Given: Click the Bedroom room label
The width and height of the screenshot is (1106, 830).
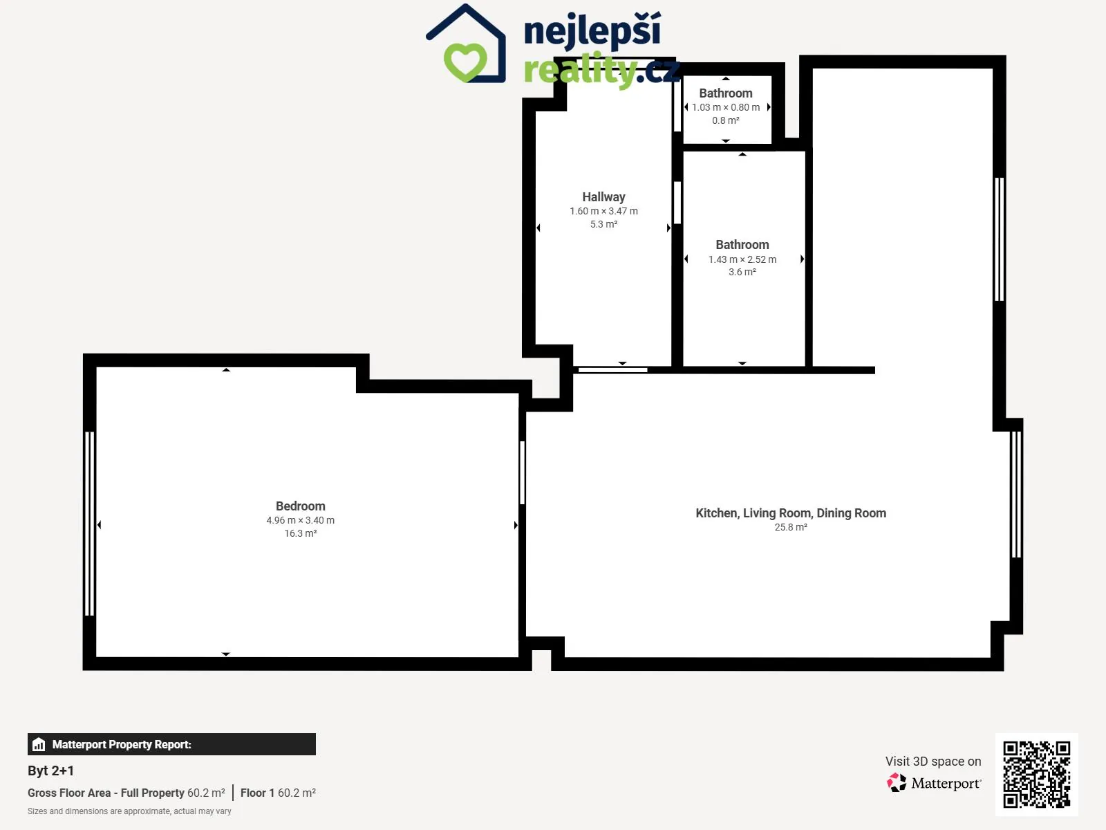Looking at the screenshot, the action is (x=300, y=506).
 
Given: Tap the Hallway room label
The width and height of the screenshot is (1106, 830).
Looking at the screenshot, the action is (x=603, y=197).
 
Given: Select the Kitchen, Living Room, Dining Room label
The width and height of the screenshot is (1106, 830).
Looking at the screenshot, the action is (x=791, y=513).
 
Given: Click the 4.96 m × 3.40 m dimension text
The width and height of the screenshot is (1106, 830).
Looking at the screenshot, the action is (x=300, y=520).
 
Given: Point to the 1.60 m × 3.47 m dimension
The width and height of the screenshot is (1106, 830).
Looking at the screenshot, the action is (x=603, y=211).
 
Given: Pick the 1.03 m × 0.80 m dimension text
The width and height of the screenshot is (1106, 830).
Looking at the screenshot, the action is (x=726, y=107).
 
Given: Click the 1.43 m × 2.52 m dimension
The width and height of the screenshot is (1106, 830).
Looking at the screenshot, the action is (x=742, y=259).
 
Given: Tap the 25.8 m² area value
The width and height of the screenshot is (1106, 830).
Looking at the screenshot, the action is (x=791, y=527).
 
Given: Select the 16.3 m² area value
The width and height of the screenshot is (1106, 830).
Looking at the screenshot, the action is (x=300, y=533).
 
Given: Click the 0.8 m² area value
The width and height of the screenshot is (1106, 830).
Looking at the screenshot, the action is (x=726, y=120).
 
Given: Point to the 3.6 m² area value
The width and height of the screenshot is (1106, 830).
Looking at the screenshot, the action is (x=742, y=272).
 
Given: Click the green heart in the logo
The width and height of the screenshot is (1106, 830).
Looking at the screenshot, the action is (x=465, y=62).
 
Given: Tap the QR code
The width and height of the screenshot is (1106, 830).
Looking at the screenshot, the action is (x=1036, y=774).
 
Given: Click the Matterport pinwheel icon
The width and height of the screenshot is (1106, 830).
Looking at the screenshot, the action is (x=897, y=783).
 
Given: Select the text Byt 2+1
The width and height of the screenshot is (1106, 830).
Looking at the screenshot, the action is (x=51, y=771).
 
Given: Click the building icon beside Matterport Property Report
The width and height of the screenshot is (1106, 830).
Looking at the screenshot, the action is (x=39, y=744).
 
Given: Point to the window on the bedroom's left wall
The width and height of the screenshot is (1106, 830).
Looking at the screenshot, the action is (x=89, y=524).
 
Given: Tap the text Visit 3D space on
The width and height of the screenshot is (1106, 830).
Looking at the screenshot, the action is (x=933, y=761).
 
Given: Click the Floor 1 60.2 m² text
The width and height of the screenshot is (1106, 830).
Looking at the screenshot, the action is (x=278, y=793).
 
